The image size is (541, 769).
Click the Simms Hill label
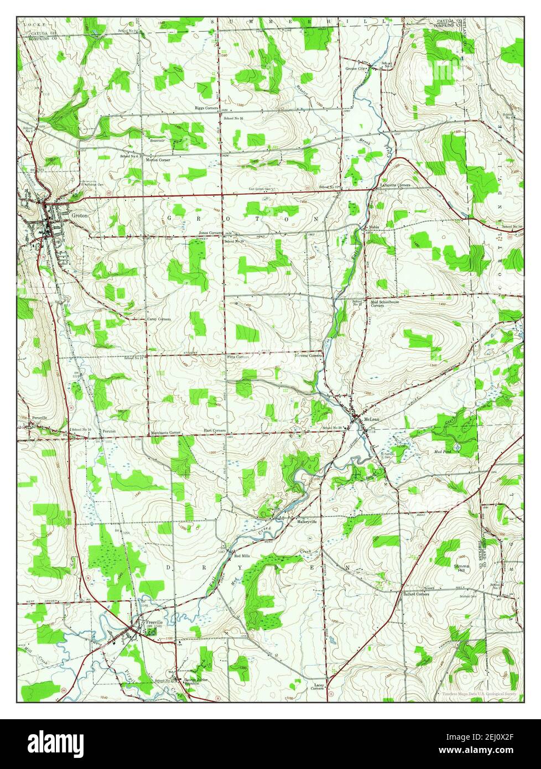point(461,568)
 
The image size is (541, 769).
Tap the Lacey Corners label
point(317,687)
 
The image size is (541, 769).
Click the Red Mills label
point(243,555)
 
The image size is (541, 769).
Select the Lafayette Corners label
point(395,185)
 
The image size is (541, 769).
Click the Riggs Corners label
point(206,108)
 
